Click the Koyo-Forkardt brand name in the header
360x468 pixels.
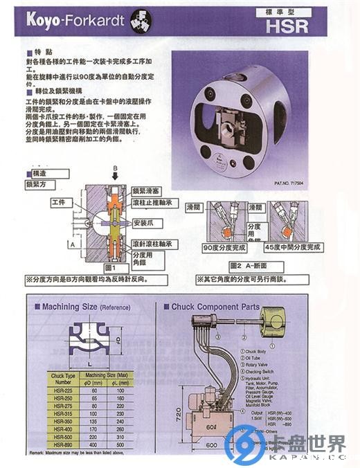click(75, 20)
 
